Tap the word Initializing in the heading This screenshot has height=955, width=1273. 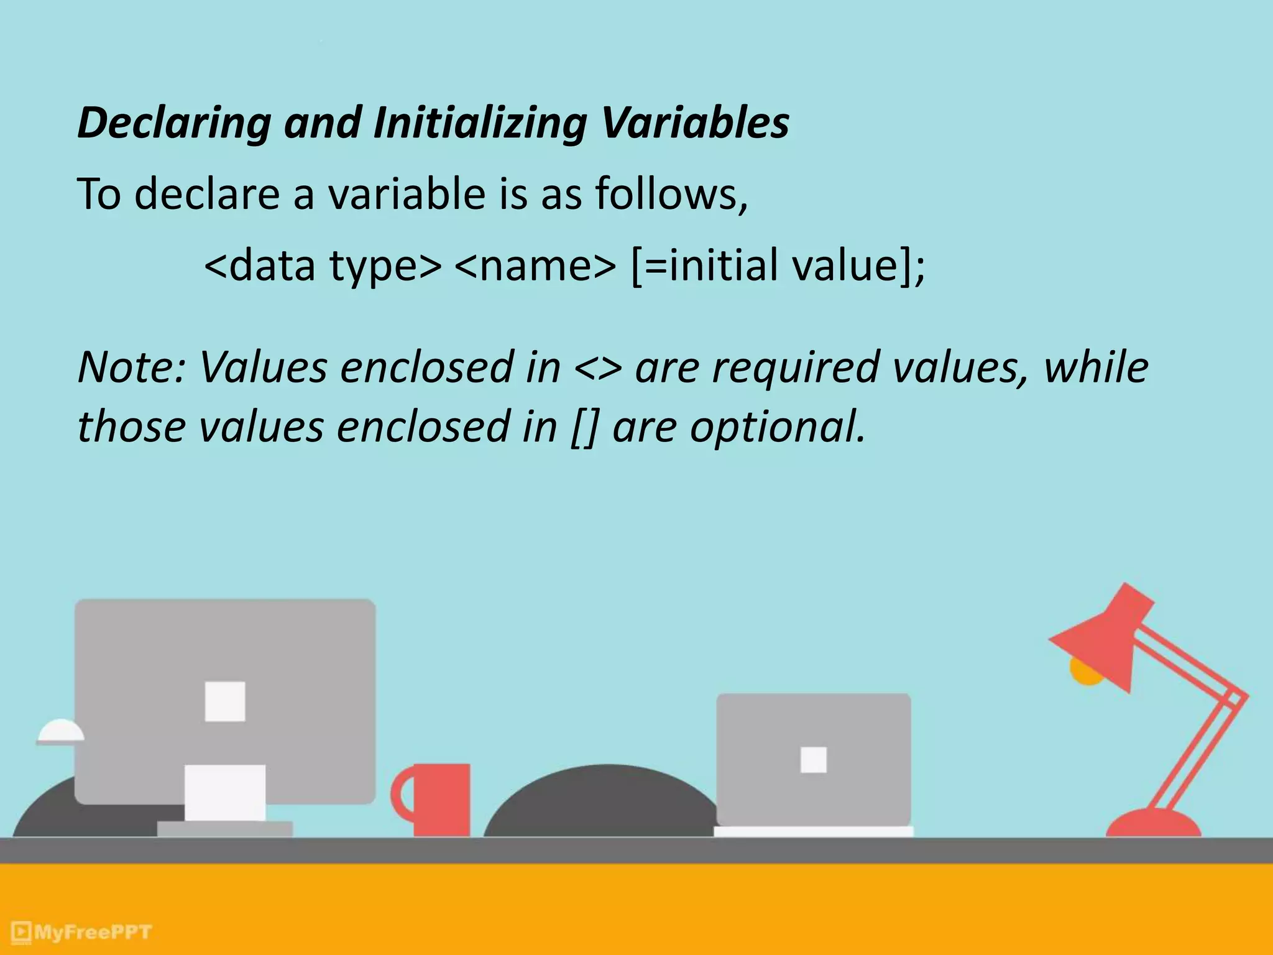[x=480, y=123]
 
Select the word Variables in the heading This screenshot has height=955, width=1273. [x=695, y=122]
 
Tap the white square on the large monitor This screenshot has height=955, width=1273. [x=225, y=701]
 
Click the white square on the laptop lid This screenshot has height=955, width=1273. [x=814, y=759]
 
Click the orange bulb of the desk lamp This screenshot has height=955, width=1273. [x=1085, y=673]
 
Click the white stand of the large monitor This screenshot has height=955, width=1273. [x=225, y=793]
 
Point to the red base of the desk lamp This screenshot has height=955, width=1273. [x=1153, y=824]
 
